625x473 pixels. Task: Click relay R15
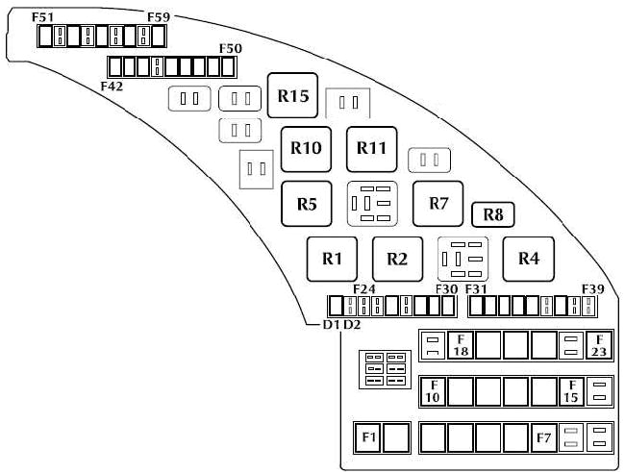click(x=292, y=96)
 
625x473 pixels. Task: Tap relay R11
click(x=371, y=148)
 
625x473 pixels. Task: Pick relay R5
click(x=307, y=204)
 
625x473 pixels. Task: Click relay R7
click(x=438, y=204)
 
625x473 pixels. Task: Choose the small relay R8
click(x=493, y=214)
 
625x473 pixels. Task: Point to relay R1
click(x=333, y=258)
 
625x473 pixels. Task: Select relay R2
click(x=397, y=258)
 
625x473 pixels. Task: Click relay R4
click(x=528, y=258)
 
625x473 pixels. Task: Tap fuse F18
click(x=462, y=345)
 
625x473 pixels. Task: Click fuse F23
click(x=599, y=345)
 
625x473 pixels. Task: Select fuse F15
click(x=571, y=391)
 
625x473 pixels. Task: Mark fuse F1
click(x=367, y=437)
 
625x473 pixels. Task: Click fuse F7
click(x=544, y=437)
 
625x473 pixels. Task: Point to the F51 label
click(x=43, y=16)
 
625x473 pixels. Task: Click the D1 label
click(x=332, y=325)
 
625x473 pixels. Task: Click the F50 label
click(x=231, y=48)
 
